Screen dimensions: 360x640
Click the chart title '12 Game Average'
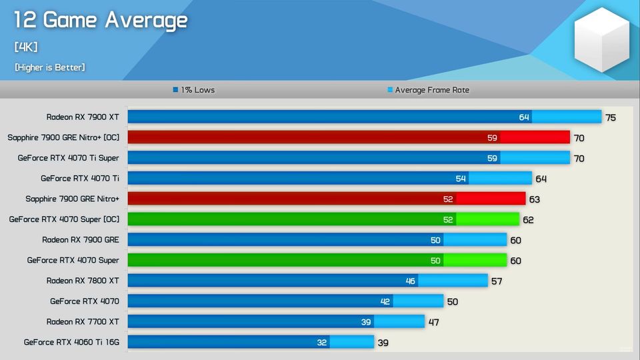click(x=101, y=21)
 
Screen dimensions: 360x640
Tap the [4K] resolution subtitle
click(x=26, y=47)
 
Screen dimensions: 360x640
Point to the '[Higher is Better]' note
click(x=49, y=67)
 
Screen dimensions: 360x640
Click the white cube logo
click(x=602, y=40)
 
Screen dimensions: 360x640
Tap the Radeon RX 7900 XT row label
click(x=83, y=117)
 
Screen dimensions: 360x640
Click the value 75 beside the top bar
click(x=611, y=118)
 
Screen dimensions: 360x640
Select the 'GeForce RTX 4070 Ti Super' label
click(x=69, y=158)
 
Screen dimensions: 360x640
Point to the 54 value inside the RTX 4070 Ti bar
click(x=461, y=179)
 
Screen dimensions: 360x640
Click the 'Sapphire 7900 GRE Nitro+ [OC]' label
click(x=63, y=138)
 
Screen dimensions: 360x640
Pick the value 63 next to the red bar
click(x=535, y=199)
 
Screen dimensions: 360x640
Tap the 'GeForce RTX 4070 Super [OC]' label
click(x=64, y=219)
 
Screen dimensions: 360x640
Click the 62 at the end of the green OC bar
click(x=528, y=220)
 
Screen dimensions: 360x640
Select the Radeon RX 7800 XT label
click(x=83, y=281)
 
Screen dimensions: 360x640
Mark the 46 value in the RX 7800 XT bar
click(x=411, y=281)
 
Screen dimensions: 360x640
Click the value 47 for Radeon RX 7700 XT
click(x=434, y=322)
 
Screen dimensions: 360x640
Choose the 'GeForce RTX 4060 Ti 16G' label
click(x=71, y=342)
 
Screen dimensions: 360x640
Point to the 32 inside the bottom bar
click(x=322, y=343)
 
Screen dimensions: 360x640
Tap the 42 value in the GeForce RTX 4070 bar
click(x=385, y=302)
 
